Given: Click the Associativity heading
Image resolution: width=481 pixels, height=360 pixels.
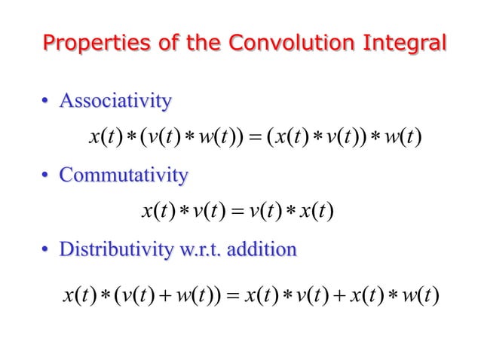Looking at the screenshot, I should point(115,99).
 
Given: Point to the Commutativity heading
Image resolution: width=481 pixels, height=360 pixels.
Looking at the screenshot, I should point(124,175).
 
